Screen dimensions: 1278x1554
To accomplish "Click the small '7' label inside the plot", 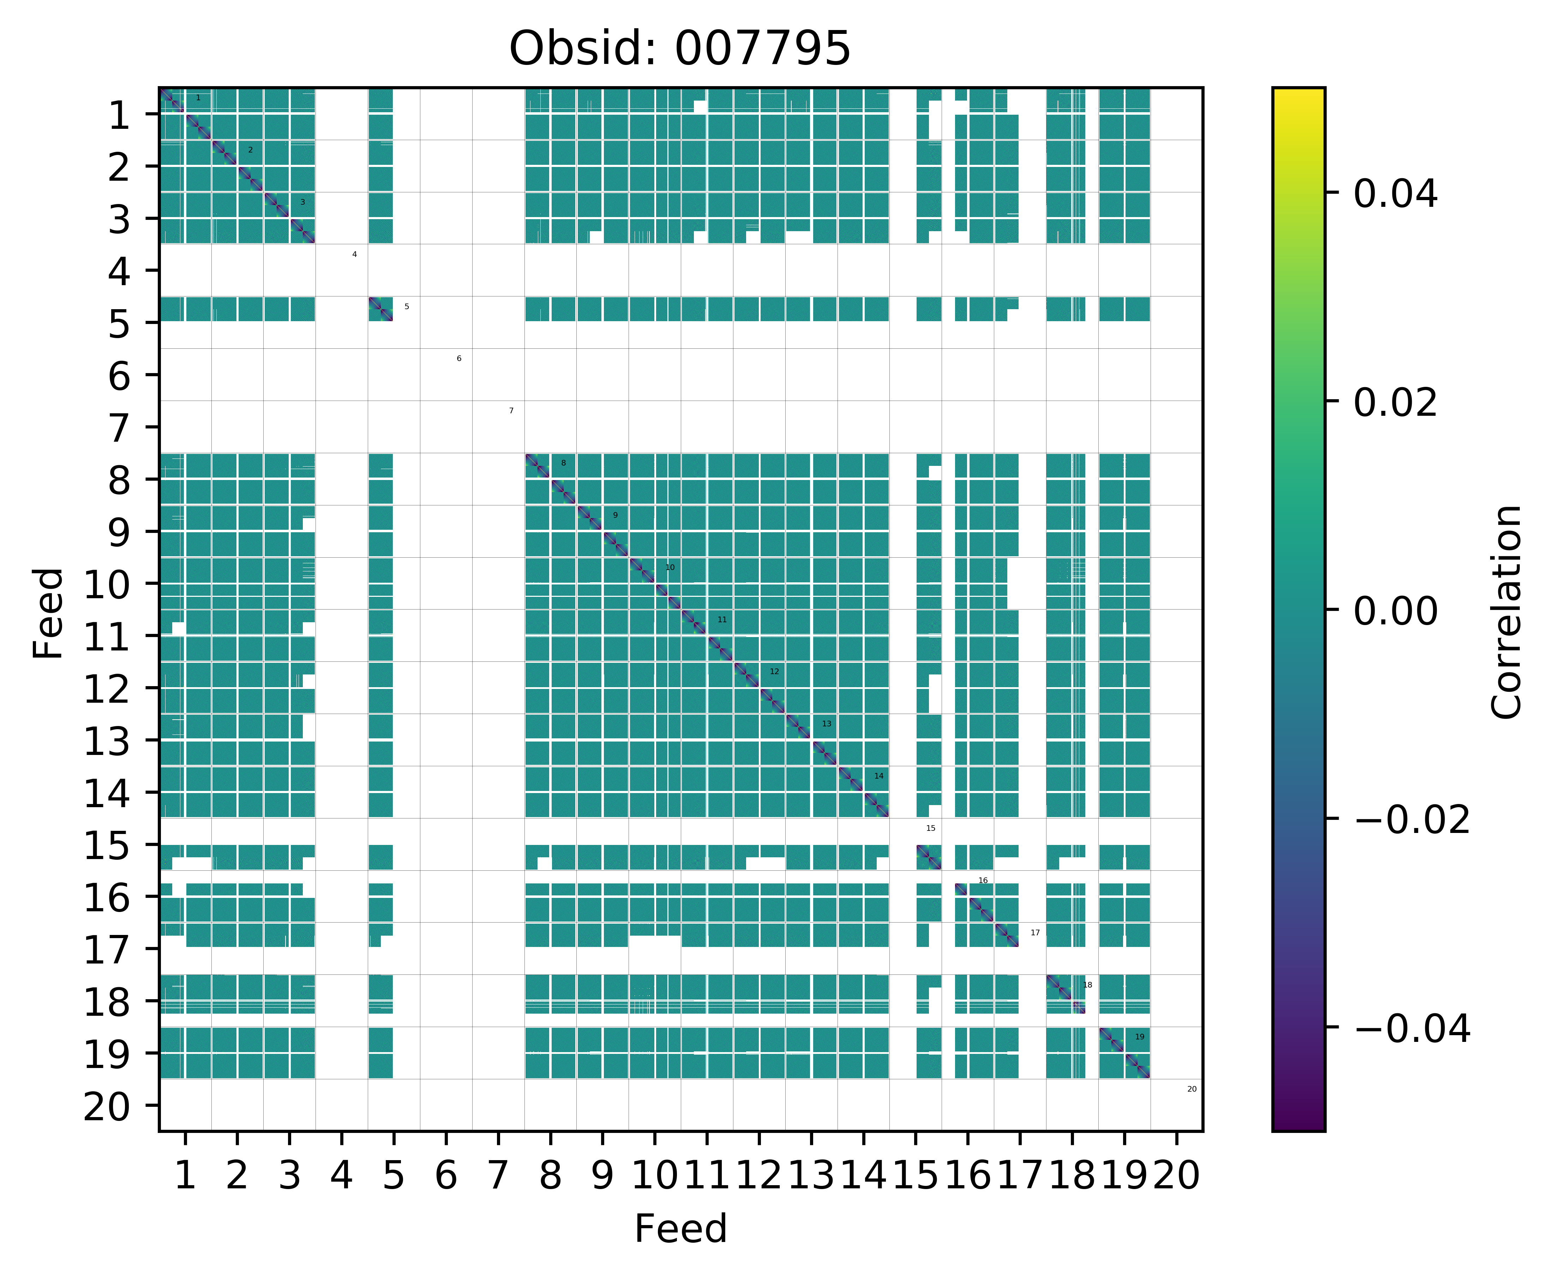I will [511, 411].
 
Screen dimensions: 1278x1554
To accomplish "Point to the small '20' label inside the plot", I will [1192, 1089].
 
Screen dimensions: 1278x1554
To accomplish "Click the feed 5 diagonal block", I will [380, 309].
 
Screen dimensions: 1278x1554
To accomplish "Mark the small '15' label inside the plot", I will [930, 828].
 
